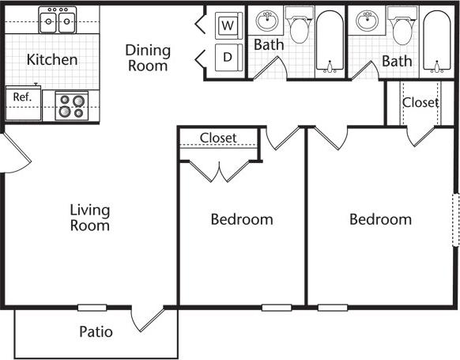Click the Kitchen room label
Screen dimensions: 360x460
click(52, 59)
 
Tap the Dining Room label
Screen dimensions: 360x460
click(148, 58)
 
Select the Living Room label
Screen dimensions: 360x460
click(89, 218)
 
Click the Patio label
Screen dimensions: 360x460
click(96, 332)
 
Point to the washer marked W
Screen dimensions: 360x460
click(228, 26)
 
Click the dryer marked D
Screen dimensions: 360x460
click(228, 57)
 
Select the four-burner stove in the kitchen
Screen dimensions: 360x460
click(71, 106)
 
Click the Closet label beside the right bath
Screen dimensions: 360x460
click(420, 102)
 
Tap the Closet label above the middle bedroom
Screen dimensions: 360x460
click(218, 138)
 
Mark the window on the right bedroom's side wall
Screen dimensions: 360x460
click(455, 221)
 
